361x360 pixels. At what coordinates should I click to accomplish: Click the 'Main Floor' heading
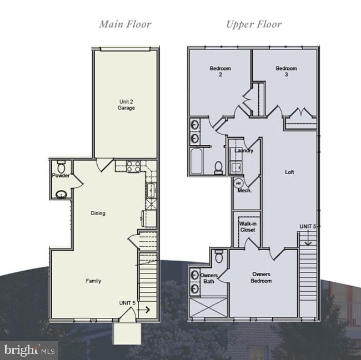pos(125,24)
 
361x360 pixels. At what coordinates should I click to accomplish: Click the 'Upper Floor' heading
pos(253,24)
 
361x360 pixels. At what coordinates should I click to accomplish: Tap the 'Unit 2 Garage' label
pos(126,104)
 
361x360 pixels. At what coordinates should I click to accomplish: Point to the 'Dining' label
pos(98,213)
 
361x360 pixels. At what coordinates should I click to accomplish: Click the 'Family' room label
pos(93,281)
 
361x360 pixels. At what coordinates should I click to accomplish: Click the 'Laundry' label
pos(244,150)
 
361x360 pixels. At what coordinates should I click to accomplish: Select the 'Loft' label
pos(289,172)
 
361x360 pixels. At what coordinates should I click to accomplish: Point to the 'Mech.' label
pos(244,190)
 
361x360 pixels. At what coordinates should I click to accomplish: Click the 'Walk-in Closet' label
pos(248,227)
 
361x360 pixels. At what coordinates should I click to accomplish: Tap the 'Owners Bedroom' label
pos(262,277)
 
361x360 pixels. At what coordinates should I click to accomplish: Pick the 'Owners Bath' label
pos(209,278)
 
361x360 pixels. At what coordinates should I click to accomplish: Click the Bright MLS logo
pos(29,350)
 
